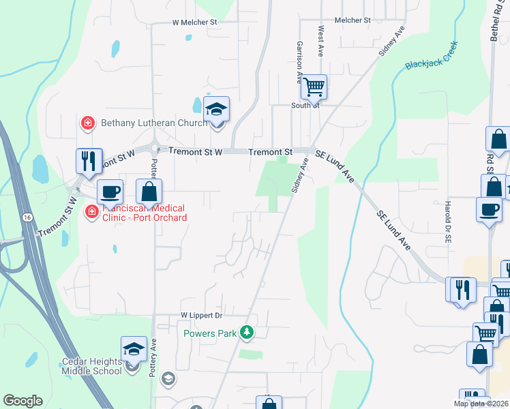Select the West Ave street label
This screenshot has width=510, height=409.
(x=320, y=42)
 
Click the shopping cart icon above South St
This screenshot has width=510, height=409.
(x=314, y=87)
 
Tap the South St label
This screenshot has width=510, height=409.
(x=305, y=106)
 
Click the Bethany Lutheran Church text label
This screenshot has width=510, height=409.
(x=154, y=123)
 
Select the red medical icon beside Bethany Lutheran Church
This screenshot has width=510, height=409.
(x=87, y=123)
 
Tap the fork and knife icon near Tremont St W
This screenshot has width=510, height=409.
(x=89, y=161)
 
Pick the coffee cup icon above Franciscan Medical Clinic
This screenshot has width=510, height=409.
(x=110, y=192)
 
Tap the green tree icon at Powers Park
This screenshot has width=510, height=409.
(x=247, y=333)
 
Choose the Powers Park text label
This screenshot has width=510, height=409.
(x=209, y=333)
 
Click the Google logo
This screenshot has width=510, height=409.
(x=22, y=401)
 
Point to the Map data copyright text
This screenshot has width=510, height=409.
(x=481, y=404)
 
